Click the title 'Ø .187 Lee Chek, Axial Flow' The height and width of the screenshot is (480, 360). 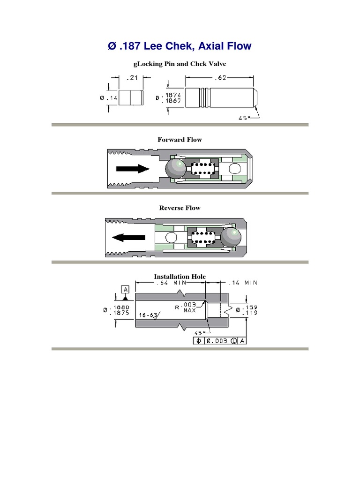pyautogui.click(x=180, y=46)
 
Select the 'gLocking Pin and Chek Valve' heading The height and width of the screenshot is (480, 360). pyautogui.click(x=180, y=63)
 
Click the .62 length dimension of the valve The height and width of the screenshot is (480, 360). pyautogui.click(x=220, y=78)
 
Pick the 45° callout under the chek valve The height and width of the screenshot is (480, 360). pyautogui.click(x=241, y=118)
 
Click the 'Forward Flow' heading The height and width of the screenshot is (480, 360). pyautogui.click(x=180, y=140)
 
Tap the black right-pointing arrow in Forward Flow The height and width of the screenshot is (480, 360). pyautogui.click(x=133, y=168)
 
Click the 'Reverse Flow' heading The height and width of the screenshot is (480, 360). pyautogui.click(x=180, y=208)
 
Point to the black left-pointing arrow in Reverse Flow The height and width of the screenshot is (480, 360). pyautogui.click(x=128, y=237)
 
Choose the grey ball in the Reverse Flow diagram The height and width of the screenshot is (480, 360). pyautogui.click(x=230, y=237)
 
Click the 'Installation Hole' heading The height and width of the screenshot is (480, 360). pyautogui.click(x=180, y=277)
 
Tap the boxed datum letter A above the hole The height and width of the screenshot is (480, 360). pyautogui.click(x=126, y=289)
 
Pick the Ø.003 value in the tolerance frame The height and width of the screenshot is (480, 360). pyautogui.click(x=217, y=341)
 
